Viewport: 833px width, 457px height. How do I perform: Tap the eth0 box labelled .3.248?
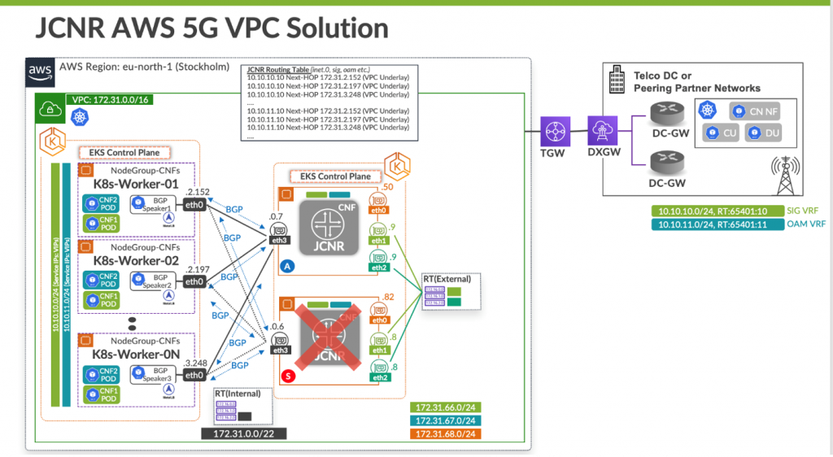click(x=194, y=375)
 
